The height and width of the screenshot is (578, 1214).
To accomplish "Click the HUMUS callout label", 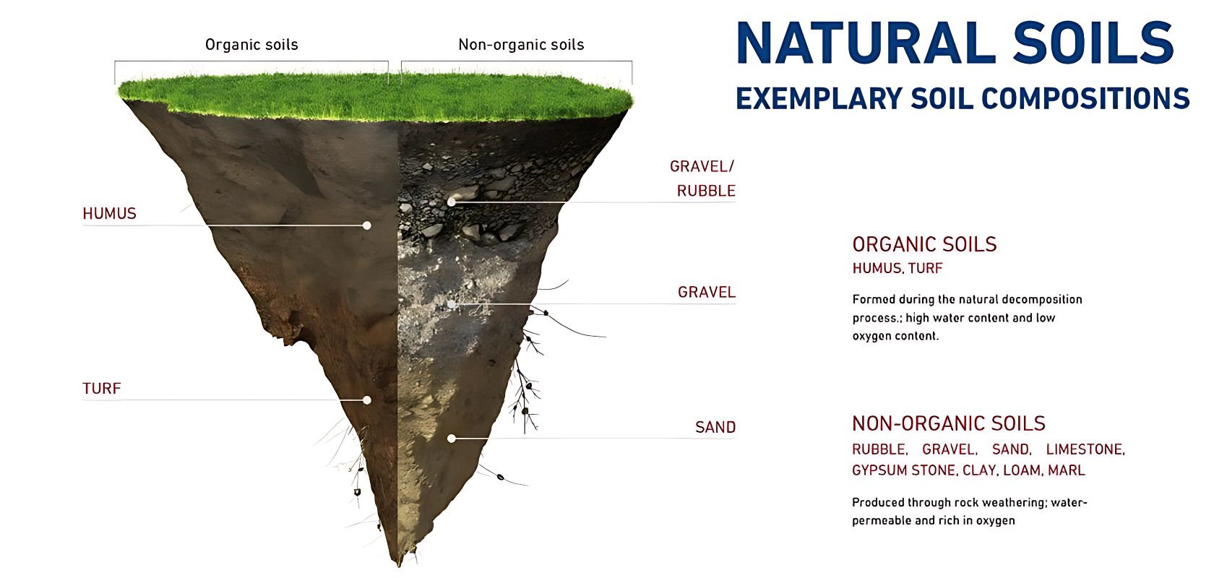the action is pos(110,213).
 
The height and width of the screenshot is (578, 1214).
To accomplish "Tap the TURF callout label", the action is pos(102,389).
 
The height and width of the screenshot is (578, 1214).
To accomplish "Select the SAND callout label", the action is pos(715,428).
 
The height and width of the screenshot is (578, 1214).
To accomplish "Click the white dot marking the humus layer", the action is pos(367,225).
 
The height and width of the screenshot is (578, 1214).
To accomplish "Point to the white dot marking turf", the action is pos(367,400).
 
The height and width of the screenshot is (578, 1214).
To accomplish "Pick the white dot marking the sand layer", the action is pos(452,439).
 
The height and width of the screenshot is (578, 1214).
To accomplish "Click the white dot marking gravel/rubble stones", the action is pos(452,202).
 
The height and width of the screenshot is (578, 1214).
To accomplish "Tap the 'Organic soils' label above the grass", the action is pos(251,44).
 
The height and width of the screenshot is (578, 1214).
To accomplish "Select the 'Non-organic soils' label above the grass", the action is pos(522,44).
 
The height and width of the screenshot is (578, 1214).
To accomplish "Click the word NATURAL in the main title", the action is pos(866,43).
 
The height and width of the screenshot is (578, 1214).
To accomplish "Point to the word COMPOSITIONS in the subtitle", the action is pos(1085,98).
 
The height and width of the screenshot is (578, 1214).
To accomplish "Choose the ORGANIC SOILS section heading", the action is pos(925,244).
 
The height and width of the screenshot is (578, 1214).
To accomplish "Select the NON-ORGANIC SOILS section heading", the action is pos(948,423).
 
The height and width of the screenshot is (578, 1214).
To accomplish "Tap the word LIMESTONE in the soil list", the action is pos(1085,449).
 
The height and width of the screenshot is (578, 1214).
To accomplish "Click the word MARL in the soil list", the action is pos(1067,470).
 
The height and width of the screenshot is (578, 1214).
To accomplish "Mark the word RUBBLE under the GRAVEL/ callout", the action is pos(706,191).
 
